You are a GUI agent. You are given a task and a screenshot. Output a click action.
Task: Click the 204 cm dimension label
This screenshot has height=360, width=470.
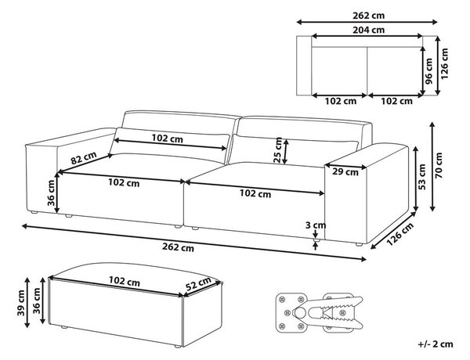[x=368, y=30]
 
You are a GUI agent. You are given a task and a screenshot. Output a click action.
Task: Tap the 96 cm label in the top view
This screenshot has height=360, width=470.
[x=429, y=71]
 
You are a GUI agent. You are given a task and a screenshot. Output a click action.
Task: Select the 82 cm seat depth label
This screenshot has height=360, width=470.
[x=84, y=158]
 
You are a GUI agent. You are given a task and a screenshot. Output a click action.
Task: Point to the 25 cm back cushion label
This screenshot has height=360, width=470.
[x=278, y=150]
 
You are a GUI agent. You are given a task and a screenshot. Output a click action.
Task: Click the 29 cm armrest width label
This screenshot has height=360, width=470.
[x=345, y=172]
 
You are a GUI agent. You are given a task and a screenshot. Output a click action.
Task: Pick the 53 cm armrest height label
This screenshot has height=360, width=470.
[x=421, y=177]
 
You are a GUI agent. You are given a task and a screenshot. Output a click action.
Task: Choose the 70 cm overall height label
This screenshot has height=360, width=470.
[x=439, y=165]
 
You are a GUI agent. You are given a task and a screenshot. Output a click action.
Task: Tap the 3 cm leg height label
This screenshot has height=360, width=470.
[x=316, y=225]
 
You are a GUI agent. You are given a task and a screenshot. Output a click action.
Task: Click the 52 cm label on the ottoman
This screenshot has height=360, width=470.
[x=198, y=284]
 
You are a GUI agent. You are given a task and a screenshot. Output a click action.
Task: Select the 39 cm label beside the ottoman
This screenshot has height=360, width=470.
[x=21, y=303]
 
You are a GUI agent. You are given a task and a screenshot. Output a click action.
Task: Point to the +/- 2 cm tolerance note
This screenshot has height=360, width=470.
[x=436, y=344]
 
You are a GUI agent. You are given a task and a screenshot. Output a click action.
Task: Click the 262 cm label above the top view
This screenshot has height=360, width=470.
[x=368, y=16]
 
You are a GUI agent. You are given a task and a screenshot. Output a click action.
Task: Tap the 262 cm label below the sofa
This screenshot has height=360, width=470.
[x=178, y=247]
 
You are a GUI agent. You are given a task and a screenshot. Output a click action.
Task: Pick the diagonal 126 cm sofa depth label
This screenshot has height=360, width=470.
[x=399, y=234]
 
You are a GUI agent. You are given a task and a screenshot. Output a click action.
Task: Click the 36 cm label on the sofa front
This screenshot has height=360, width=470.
[x=51, y=193]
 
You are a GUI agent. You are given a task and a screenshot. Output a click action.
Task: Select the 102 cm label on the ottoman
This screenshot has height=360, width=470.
[x=124, y=281]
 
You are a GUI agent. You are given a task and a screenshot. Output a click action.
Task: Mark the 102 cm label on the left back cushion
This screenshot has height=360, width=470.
[x=167, y=138]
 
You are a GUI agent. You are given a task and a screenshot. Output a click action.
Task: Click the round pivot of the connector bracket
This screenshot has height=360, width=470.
[x=298, y=313]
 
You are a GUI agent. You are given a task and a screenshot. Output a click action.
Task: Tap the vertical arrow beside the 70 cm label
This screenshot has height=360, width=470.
[x=432, y=166]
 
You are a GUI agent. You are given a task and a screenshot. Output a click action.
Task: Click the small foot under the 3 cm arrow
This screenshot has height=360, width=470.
[x=316, y=240]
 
